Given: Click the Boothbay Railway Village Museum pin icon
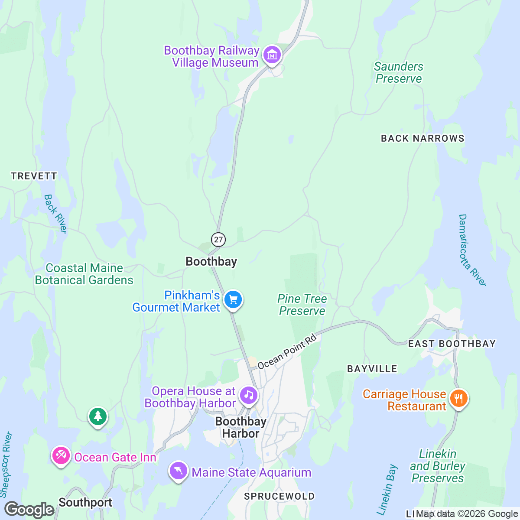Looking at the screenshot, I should (x=272, y=55).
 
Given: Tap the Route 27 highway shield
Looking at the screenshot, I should (x=218, y=239).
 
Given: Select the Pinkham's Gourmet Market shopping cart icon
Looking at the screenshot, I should (x=233, y=299).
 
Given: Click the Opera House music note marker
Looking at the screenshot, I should (x=249, y=395).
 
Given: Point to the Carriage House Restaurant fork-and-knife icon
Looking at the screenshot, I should (x=458, y=398).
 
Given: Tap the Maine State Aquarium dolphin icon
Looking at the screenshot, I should (x=178, y=471).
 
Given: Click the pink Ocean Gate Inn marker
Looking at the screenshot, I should (x=61, y=455).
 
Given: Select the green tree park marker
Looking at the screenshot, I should (x=98, y=416).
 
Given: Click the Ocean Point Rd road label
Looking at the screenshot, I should (x=287, y=353).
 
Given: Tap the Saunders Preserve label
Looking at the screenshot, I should (x=398, y=72).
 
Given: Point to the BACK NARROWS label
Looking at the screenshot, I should (x=422, y=138).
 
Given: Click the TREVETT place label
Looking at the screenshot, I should (x=34, y=176).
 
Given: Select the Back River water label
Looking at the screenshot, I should (x=55, y=214).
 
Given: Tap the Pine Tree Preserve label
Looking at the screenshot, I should (x=302, y=305).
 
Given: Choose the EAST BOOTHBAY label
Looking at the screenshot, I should (x=452, y=344).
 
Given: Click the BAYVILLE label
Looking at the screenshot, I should (x=372, y=369).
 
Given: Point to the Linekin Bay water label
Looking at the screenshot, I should (x=387, y=490).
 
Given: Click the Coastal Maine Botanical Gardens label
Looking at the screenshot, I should (x=84, y=274).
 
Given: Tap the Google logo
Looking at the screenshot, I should (x=29, y=509).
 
